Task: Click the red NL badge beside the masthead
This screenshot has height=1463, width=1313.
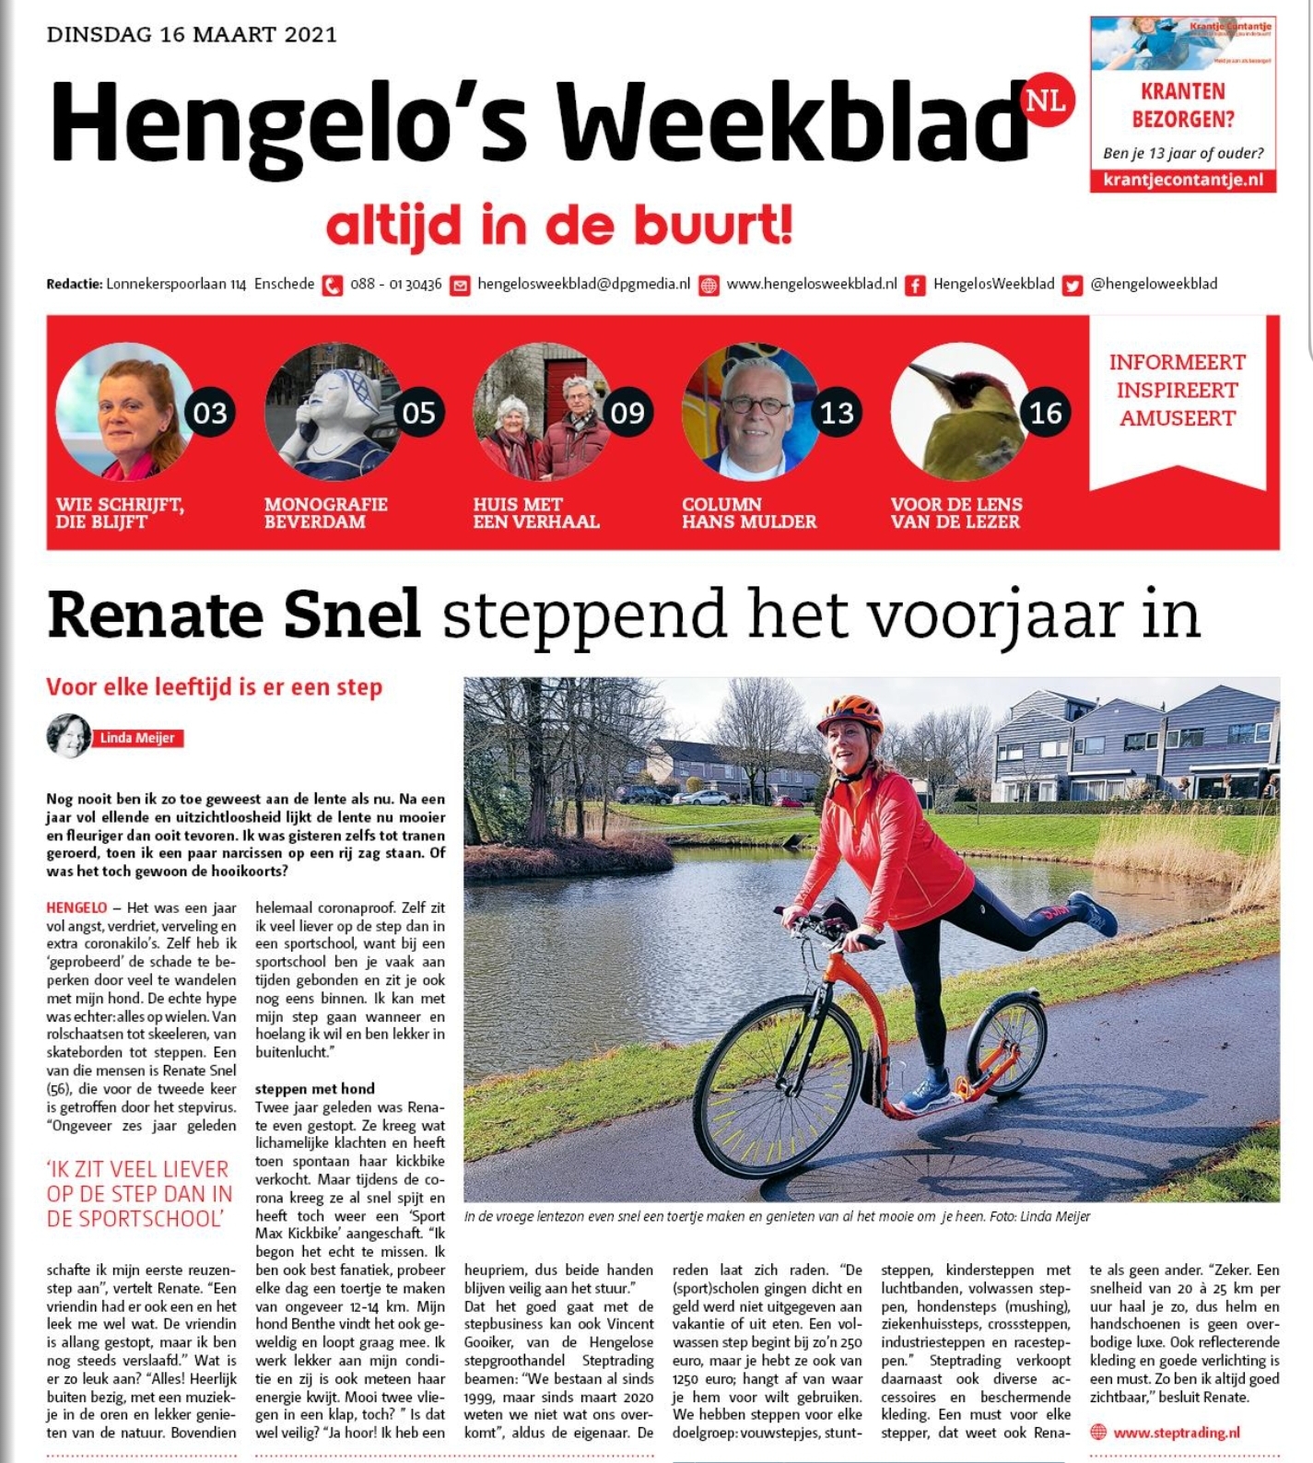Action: [1049, 99]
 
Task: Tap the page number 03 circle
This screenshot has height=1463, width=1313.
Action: [209, 413]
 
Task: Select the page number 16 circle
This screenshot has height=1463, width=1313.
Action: [1045, 413]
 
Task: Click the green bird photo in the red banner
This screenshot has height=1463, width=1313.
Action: [958, 414]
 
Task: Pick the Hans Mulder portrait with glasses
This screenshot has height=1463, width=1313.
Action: [750, 414]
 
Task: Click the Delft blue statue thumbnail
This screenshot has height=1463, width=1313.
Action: [332, 414]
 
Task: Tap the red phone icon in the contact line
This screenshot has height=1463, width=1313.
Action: [333, 286]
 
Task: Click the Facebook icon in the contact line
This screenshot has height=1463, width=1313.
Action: [915, 286]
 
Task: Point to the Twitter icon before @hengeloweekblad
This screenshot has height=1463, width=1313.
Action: [1072, 286]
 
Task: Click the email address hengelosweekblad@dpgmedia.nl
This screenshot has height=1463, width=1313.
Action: [583, 285]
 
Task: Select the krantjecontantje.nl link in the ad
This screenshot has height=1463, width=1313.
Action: [1183, 180]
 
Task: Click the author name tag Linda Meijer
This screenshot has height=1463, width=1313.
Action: [137, 738]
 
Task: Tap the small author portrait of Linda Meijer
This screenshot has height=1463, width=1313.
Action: [68, 735]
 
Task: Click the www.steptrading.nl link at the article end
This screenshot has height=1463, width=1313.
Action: [1176, 1433]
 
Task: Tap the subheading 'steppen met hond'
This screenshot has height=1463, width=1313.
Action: [315, 1089]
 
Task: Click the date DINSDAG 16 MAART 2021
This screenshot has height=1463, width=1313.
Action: [192, 35]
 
